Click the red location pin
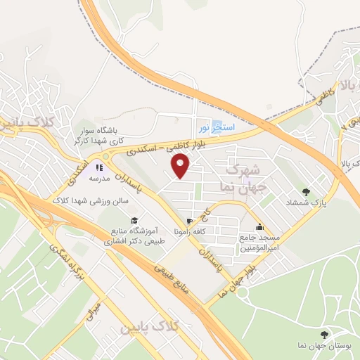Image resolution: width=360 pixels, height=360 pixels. coord(181,166)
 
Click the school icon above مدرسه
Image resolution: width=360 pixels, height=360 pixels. coord(98,168)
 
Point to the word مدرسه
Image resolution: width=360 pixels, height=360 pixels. coord(98,179)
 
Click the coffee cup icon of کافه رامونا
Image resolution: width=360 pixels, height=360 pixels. coord(188,221)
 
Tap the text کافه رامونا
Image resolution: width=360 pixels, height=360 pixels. coord(188,232)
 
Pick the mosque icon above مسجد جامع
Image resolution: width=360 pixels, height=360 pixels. coord(259,226)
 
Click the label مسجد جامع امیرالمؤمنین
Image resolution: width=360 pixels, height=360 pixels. coord(259,243)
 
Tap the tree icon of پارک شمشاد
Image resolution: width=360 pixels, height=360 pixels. coord(306,191)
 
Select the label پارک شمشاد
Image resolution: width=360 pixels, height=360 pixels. coord(307,202)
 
